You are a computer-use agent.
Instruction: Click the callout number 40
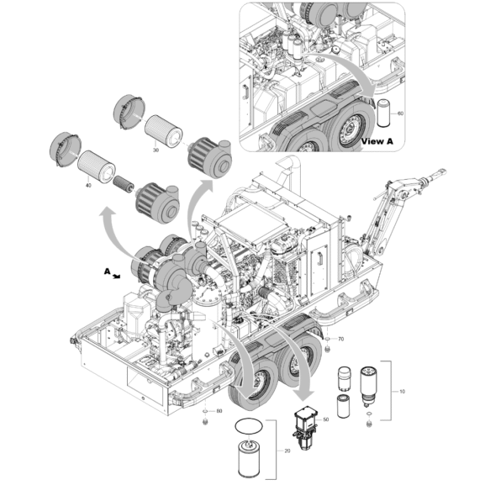[88, 187]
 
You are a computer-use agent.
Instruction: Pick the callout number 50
[326, 418]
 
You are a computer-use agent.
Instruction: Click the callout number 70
[340, 339]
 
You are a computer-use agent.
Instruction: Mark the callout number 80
[219, 411]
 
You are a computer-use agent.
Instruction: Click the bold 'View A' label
[377, 141]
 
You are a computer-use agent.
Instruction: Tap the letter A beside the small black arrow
[106, 271]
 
